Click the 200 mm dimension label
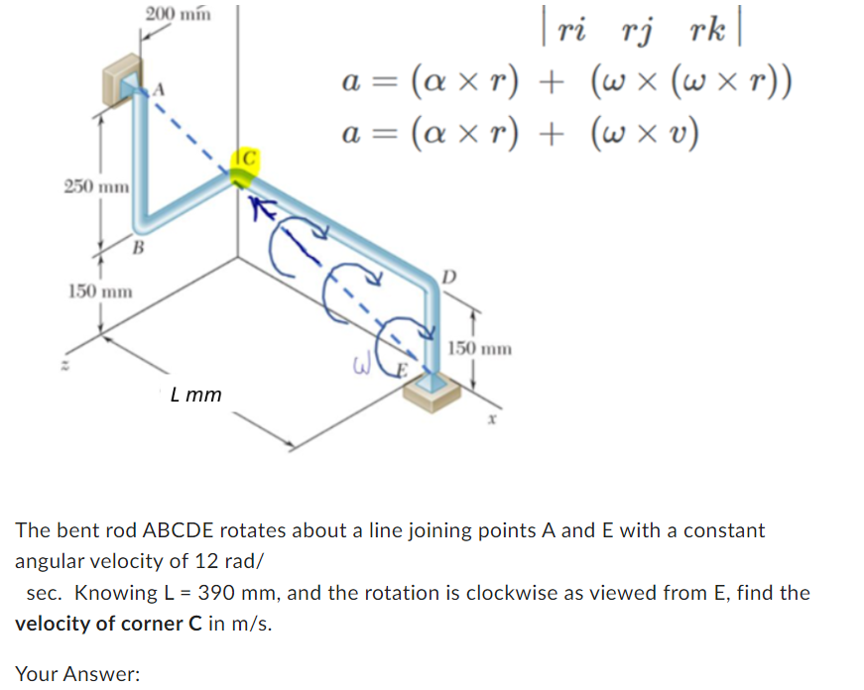pos(177,13)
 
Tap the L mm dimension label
pos(195,395)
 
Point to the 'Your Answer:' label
pos(77,674)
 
